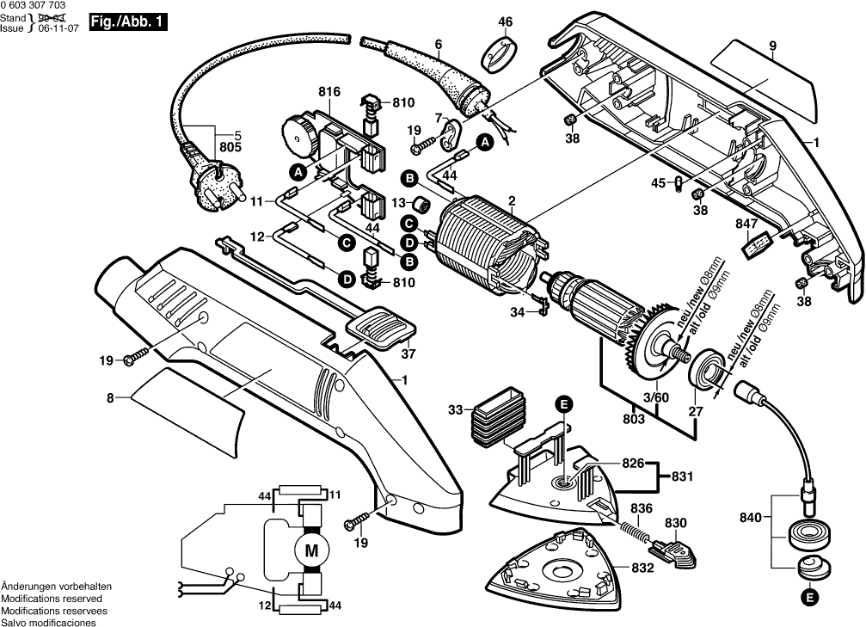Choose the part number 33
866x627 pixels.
tap(455, 409)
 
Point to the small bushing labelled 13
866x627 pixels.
tap(421, 205)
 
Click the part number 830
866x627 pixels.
tap(676, 522)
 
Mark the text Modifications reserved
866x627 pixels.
tap(52, 598)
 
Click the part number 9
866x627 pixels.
tap(772, 45)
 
